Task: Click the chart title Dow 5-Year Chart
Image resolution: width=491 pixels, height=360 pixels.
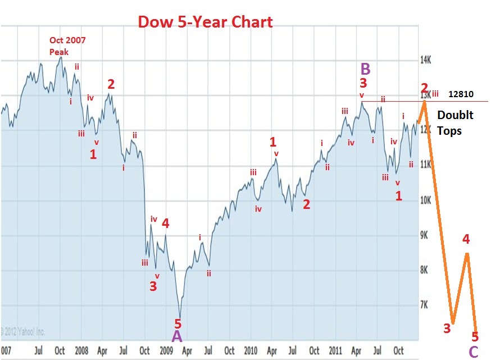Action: [x=205, y=22]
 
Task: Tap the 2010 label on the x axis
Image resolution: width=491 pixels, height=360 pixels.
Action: [x=251, y=350]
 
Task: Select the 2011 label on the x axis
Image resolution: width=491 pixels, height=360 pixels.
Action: [x=335, y=350]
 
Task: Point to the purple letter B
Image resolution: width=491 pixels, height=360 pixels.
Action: [x=365, y=69]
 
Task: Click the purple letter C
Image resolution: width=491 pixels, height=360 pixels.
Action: [x=474, y=352]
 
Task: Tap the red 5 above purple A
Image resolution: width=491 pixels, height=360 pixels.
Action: [x=178, y=323]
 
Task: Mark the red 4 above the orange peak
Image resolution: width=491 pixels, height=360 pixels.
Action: [x=466, y=239]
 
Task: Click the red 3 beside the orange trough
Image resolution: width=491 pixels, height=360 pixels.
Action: [x=447, y=329]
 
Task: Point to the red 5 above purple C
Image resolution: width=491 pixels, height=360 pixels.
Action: [x=475, y=337]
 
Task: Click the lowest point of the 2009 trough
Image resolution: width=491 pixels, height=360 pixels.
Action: [x=180, y=317]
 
